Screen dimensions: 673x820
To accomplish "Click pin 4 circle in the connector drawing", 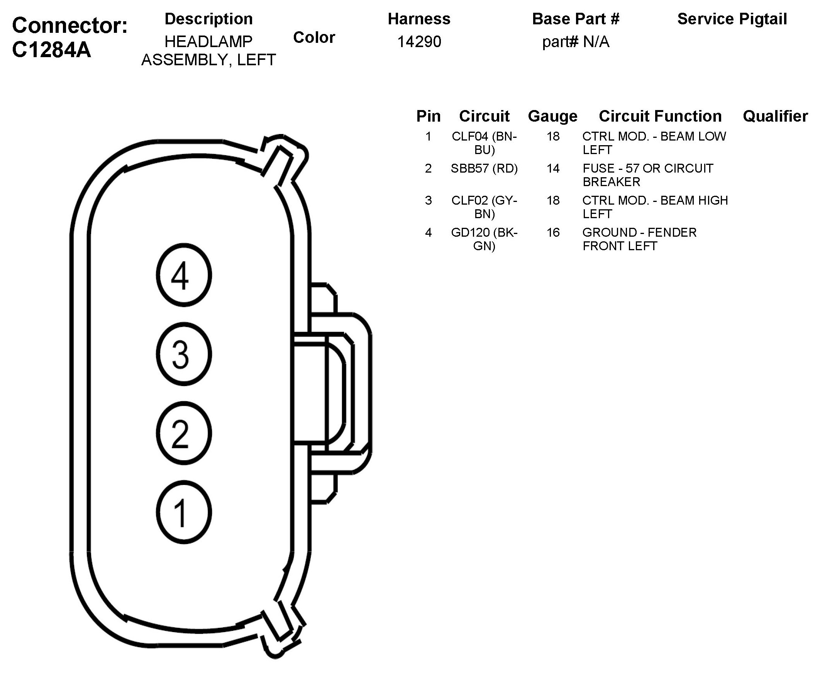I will pyautogui.click(x=184, y=275).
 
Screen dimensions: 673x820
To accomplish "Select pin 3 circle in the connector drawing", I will pyautogui.click(x=184, y=354).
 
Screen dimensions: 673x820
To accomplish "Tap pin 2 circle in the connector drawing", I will pyautogui.click(x=184, y=433).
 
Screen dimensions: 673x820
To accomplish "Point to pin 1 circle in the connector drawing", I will pyautogui.click(x=184, y=512).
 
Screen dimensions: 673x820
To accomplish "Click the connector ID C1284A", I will pyautogui.click(x=52, y=50).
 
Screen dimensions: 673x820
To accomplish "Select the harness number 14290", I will pyautogui.click(x=419, y=42).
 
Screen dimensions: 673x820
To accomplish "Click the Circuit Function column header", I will pyautogui.click(x=660, y=116).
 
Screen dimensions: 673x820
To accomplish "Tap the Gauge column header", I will pyautogui.click(x=552, y=116).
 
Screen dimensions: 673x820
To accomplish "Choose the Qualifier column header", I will pyautogui.click(x=775, y=116).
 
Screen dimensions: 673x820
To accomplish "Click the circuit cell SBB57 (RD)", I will pyautogui.click(x=484, y=168).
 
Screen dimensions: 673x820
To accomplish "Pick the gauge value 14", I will pyautogui.click(x=553, y=168).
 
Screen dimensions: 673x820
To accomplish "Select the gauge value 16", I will pyautogui.click(x=553, y=232).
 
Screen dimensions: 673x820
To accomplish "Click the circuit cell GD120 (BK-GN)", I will pyautogui.click(x=484, y=239).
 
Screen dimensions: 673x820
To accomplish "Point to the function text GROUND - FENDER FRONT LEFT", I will pyautogui.click(x=639, y=239).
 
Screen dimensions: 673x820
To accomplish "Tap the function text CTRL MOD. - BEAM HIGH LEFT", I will pyautogui.click(x=654, y=207).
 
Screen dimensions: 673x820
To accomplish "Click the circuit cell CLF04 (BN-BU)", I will pyautogui.click(x=484, y=142).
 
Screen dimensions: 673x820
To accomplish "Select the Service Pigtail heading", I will pyautogui.click(x=732, y=19).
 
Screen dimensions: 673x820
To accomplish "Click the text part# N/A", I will pyautogui.click(x=576, y=42).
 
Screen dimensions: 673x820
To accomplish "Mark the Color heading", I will pyautogui.click(x=314, y=37).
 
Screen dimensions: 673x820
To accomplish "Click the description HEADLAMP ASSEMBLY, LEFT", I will pyautogui.click(x=208, y=51).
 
